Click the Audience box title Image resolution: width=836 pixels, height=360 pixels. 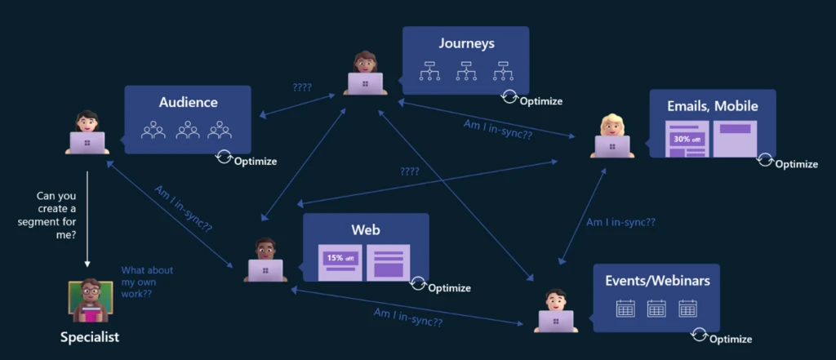(x=188, y=103)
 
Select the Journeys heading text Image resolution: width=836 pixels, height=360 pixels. (x=466, y=44)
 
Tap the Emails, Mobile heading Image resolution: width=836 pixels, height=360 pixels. (x=712, y=106)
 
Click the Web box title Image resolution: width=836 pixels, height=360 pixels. (x=366, y=230)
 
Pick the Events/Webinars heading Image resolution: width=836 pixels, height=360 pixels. (x=657, y=281)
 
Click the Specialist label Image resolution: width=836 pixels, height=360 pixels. (x=90, y=336)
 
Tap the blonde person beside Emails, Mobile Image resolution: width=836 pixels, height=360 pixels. (x=611, y=136)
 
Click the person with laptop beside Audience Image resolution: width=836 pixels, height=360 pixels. (x=87, y=133)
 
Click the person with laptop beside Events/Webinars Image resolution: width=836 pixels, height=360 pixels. (x=555, y=311)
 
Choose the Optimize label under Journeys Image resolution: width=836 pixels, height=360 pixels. (x=541, y=101)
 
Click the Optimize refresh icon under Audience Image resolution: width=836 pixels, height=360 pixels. (x=224, y=156)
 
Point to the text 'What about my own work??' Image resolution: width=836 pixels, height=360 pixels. (x=147, y=282)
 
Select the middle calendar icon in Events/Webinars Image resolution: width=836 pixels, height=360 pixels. (x=656, y=309)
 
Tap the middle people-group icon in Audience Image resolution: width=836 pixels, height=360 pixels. (x=188, y=130)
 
